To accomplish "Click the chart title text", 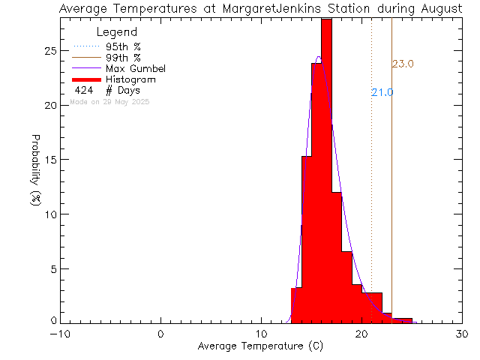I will tap(240, 8).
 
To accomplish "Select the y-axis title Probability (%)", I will tap(36, 172).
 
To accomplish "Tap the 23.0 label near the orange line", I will tap(403, 64).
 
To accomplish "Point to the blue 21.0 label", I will tap(382, 92).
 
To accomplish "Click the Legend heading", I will tap(117, 32).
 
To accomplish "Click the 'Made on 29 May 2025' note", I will tap(109, 101).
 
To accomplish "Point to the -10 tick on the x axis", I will tap(60, 334).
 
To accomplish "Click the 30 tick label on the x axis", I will tap(462, 334).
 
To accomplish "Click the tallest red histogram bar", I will tap(326, 172).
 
